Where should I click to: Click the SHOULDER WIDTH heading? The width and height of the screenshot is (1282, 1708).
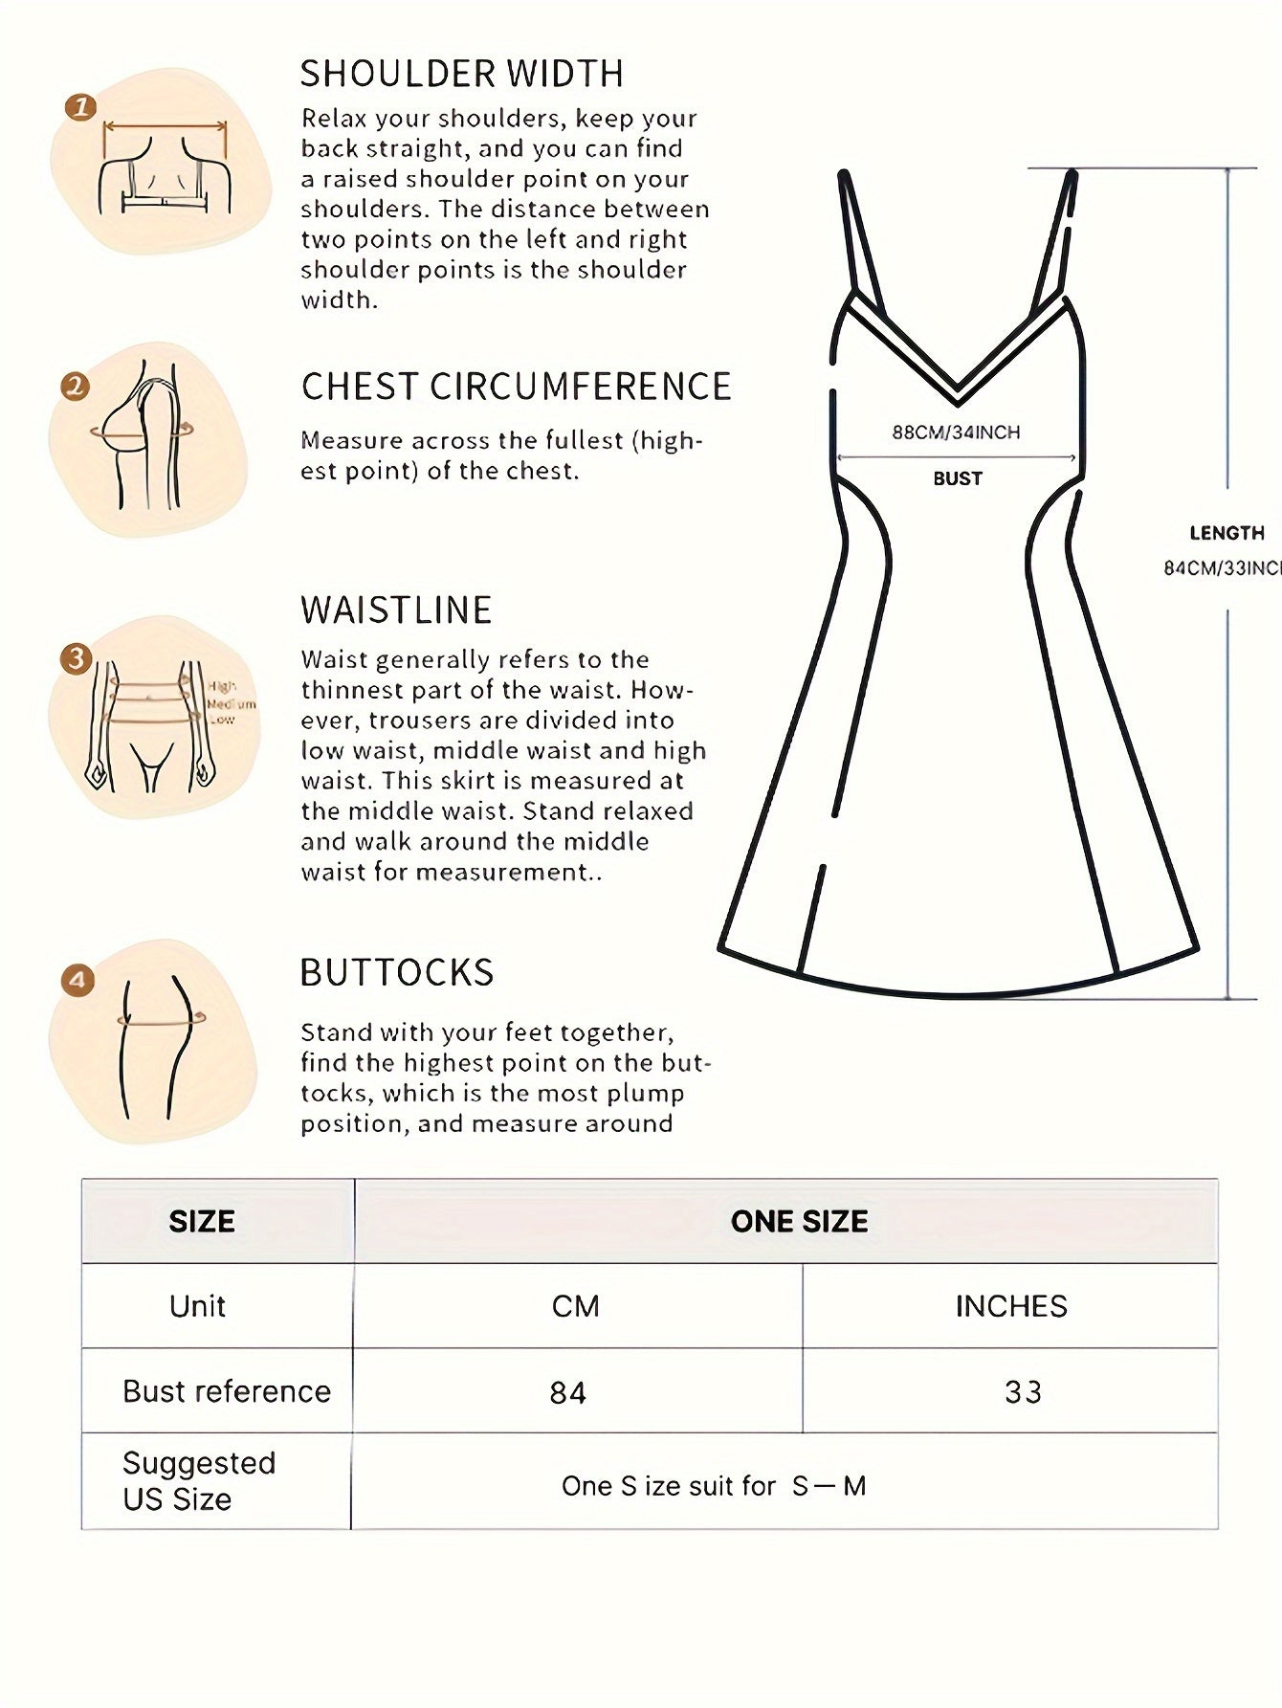(462, 74)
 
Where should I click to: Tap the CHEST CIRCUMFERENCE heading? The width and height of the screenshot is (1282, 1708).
(516, 387)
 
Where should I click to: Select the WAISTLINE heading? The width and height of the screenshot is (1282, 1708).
(396, 610)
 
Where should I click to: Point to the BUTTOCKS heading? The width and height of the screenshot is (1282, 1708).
(397, 972)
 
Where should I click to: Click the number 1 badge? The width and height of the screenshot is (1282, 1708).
(80, 106)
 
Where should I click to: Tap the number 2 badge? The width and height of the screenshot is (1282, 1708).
(75, 387)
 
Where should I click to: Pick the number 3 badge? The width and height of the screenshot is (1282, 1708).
(76, 657)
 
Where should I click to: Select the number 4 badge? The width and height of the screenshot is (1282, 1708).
(77, 980)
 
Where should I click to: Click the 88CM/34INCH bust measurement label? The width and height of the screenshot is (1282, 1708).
(956, 433)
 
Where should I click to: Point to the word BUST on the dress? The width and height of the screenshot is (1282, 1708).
(958, 478)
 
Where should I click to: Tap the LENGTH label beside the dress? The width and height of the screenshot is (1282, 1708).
(1227, 533)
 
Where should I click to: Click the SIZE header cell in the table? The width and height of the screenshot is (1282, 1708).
(202, 1221)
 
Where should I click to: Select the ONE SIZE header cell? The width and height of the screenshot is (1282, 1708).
(799, 1221)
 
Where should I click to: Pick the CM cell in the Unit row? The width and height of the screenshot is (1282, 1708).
(575, 1306)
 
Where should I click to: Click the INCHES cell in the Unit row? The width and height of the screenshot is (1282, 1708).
(1011, 1306)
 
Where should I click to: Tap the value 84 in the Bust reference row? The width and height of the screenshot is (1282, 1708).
(567, 1392)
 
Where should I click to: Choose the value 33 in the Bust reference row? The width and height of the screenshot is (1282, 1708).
(1023, 1392)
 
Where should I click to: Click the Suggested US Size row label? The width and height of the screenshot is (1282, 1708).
(198, 1480)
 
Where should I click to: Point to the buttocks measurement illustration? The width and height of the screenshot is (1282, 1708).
(158, 1041)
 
